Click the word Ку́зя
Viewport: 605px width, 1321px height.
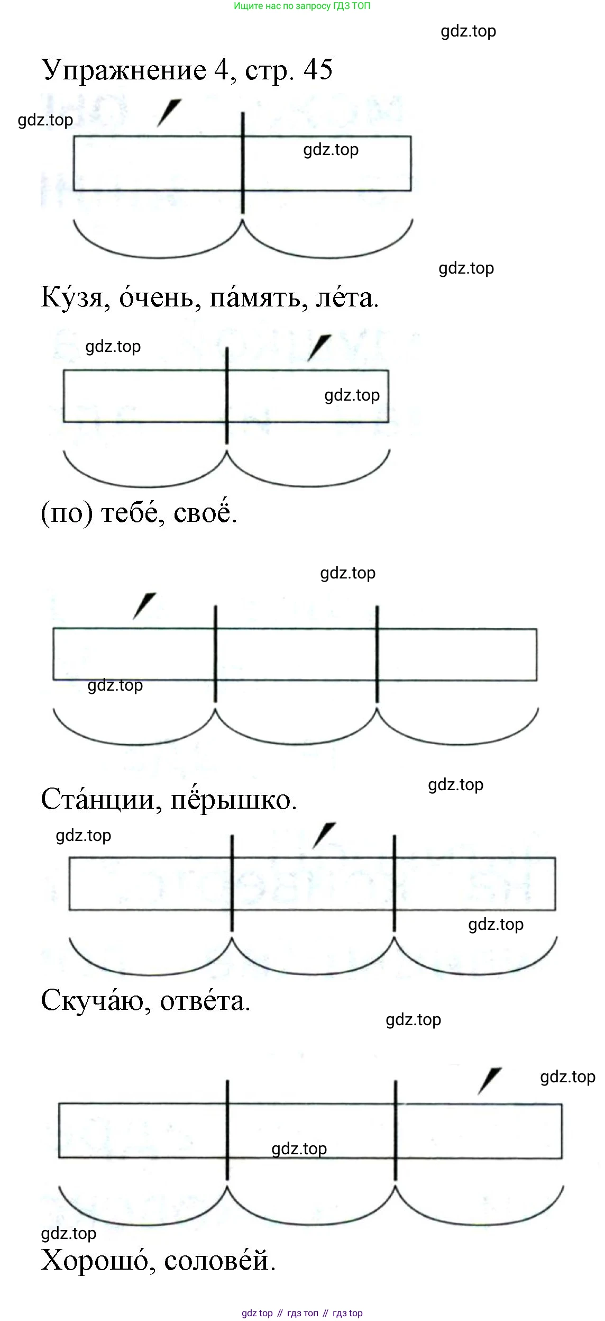point(74,298)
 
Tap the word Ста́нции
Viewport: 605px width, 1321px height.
point(100,800)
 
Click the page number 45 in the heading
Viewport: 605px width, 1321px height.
point(318,69)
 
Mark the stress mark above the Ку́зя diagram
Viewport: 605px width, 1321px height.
point(169,113)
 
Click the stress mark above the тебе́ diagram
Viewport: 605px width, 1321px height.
point(319,348)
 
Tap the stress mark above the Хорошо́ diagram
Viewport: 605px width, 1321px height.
point(489,1081)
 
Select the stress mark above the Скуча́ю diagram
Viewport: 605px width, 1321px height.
point(324,835)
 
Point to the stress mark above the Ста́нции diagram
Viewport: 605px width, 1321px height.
point(144,605)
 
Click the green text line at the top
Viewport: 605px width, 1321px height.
point(302,6)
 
